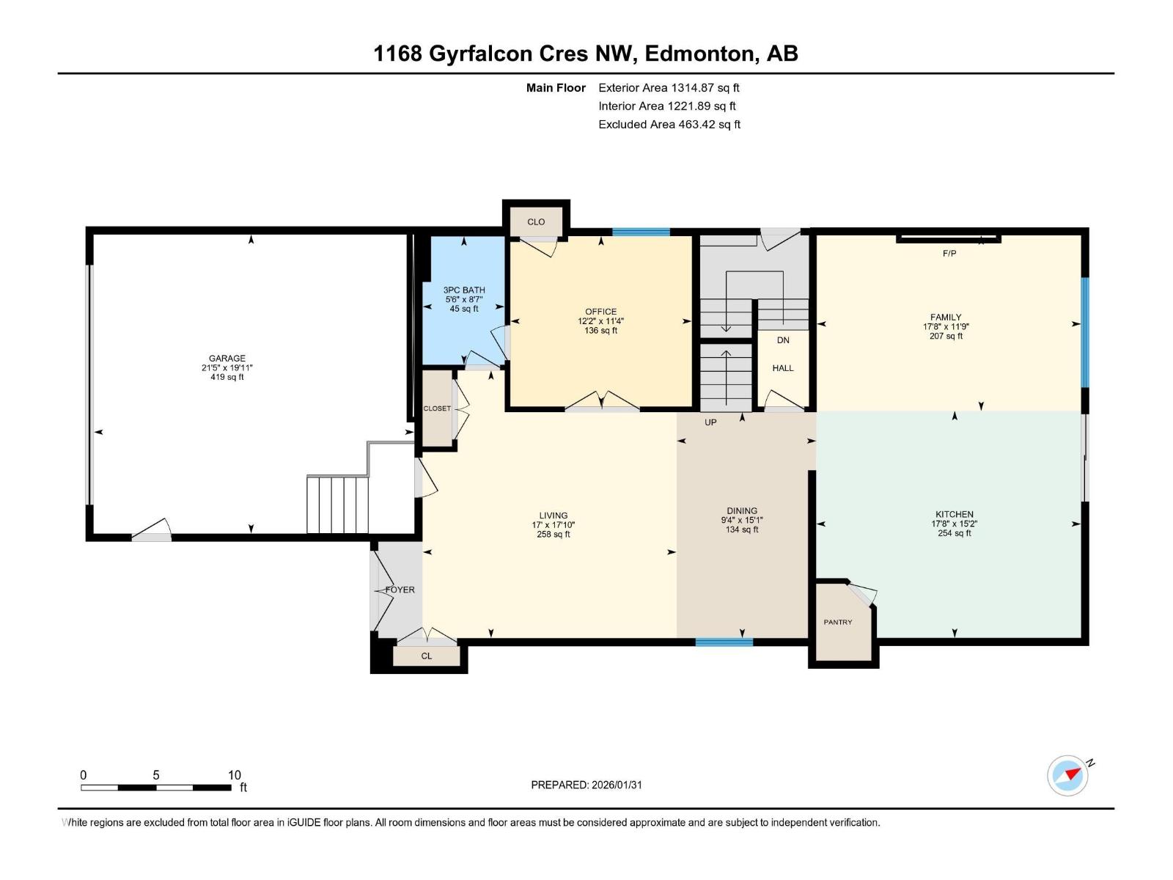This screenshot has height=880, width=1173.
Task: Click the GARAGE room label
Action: click(227, 358)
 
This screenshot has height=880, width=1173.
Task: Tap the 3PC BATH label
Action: click(464, 290)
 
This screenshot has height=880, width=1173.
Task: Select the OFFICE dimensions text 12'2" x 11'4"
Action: click(600, 321)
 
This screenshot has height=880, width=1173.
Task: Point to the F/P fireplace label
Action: click(949, 253)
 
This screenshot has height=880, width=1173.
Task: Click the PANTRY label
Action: click(838, 622)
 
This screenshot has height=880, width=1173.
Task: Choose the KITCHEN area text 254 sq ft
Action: click(955, 533)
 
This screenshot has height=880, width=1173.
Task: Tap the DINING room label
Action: click(742, 510)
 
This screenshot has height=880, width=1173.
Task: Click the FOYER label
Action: click(400, 590)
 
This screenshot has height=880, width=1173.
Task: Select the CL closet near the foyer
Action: click(427, 656)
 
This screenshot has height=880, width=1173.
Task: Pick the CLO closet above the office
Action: click(536, 221)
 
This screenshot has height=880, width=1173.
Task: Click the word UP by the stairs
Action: click(710, 422)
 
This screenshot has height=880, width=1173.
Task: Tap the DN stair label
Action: click(783, 340)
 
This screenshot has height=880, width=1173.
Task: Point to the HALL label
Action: click(783, 367)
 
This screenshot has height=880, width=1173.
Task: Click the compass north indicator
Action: click(1072, 774)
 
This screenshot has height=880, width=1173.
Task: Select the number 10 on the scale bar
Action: click(234, 774)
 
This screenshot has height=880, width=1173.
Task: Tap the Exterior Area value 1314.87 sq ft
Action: click(705, 87)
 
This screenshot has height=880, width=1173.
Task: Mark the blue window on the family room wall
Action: click(1085, 332)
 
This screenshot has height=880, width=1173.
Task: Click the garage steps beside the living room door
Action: click(338, 505)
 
